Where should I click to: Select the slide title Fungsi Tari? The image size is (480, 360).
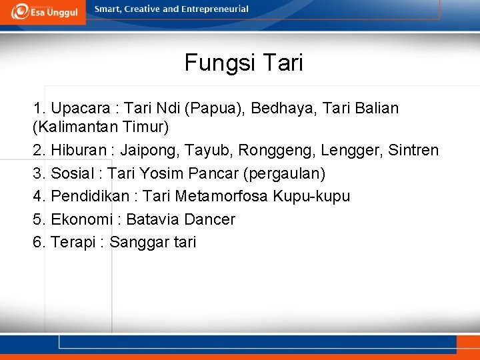point(243,63)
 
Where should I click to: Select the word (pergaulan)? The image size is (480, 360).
point(285,173)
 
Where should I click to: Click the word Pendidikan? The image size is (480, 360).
point(92,196)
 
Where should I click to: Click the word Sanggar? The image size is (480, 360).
point(139,242)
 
